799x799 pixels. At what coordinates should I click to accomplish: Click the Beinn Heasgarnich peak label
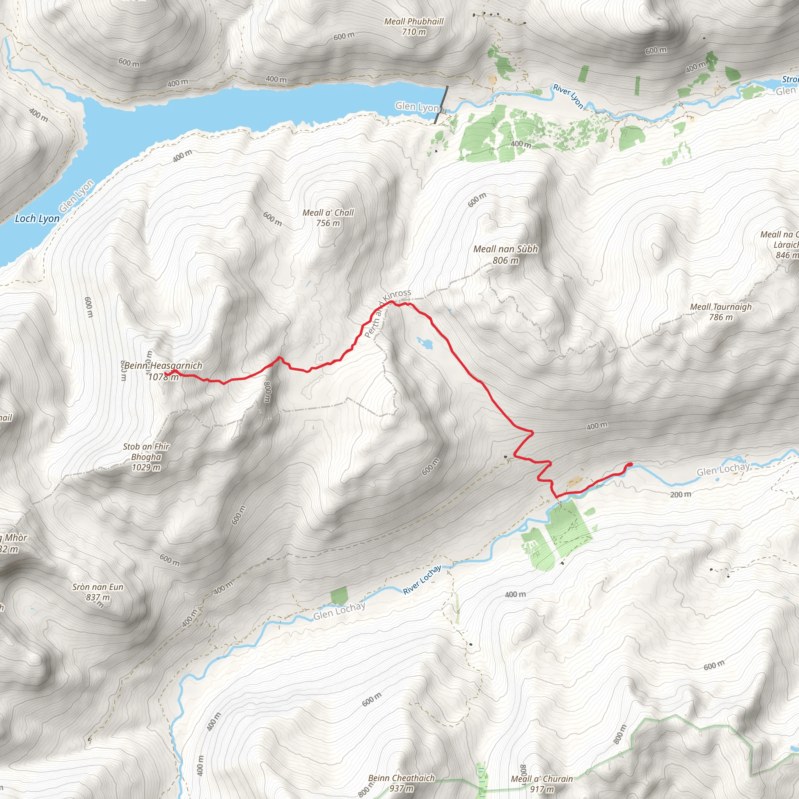click(163, 371)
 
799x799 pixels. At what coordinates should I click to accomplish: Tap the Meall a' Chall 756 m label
click(328, 218)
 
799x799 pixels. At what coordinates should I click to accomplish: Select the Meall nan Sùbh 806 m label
click(505, 254)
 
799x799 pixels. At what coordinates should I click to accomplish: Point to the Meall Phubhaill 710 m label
click(414, 27)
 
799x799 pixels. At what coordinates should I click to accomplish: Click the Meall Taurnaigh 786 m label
click(721, 312)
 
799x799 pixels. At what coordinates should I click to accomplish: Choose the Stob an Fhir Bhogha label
click(146, 456)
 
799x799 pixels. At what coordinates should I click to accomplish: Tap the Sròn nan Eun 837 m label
click(98, 592)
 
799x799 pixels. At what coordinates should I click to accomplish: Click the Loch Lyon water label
click(37, 218)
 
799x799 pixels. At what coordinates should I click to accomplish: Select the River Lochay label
click(422, 580)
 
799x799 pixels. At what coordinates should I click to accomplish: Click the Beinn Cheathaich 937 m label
click(401, 783)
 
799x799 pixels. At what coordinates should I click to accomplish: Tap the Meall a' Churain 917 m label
click(542, 784)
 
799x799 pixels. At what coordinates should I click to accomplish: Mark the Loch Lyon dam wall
click(441, 105)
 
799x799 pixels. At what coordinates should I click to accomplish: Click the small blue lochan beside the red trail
click(425, 343)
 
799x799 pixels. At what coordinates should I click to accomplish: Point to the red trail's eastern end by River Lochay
click(630, 464)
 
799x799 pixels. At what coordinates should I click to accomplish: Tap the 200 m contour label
click(680, 494)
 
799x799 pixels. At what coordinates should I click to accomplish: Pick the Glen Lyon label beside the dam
click(416, 107)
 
